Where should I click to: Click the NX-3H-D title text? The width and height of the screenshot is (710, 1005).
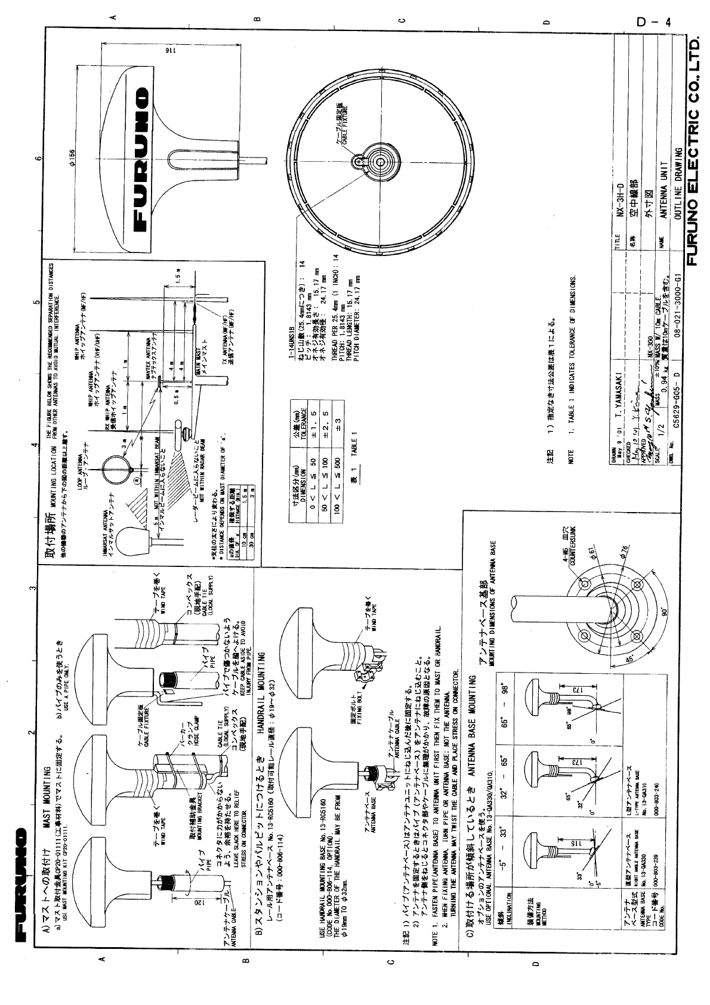621,200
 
